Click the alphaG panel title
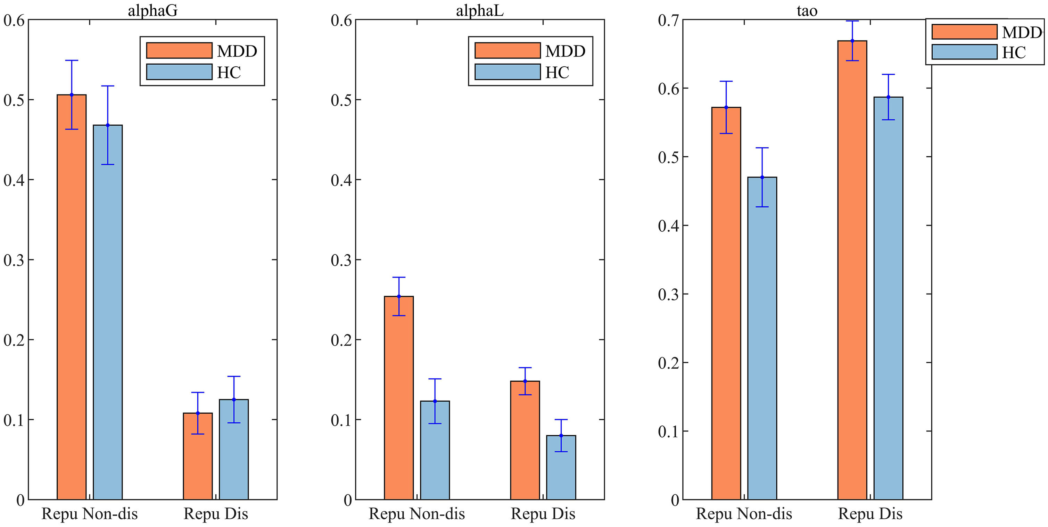pos(152,10)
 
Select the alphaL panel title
pos(480,10)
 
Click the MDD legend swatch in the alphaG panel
pos(179,50)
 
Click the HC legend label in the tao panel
pos(1014,52)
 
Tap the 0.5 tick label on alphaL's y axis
pos(341,100)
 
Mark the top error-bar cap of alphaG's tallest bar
pos(72,60)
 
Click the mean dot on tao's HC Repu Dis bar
pos(888,97)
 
